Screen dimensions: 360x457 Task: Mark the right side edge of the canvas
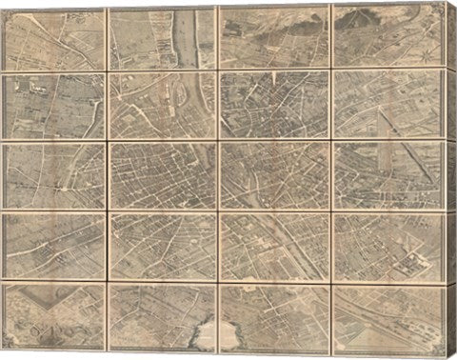pyautogui.click(x=450, y=181)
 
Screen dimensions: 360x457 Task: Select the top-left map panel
pyautogui.click(x=54, y=38)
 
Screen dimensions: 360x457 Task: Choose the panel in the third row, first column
pyautogui.click(x=54, y=176)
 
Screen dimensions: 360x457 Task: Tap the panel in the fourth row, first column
pyautogui.click(x=54, y=246)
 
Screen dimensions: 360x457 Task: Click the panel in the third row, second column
pyautogui.click(x=162, y=176)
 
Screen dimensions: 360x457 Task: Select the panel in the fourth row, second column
pyautogui.click(x=162, y=246)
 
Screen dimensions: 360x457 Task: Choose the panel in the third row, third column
pyautogui.click(x=274, y=176)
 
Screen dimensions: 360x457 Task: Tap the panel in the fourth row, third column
pyautogui.click(x=274, y=246)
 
